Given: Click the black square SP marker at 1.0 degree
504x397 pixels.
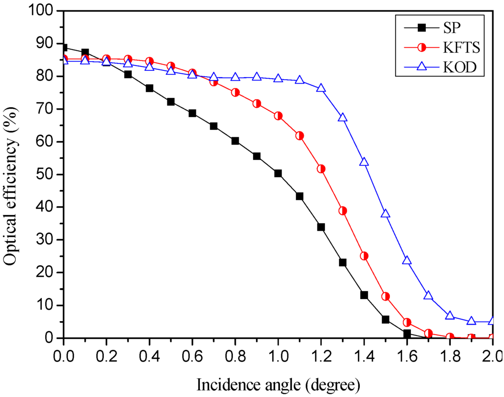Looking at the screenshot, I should pyautogui.click(x=278, y=173).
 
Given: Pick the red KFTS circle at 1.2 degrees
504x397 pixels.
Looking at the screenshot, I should pyautogui.click(x=321, y=169).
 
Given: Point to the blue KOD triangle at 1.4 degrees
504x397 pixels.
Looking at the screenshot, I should pyautogui.click(x=364, y=162).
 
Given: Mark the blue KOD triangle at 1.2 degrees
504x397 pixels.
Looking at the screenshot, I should pyautogui.click(x=321, y=88).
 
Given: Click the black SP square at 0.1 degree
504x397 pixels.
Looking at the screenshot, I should pyautogui.click(x=85, y=52).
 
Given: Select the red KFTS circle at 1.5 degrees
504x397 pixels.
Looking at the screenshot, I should pyautogui.click(x=385, y=296).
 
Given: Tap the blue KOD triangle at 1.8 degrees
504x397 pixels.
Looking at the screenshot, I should pyautogui.click(x=450, y=315).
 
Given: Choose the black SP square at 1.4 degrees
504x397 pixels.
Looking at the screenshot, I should pyautogui.click(x=364, y=295).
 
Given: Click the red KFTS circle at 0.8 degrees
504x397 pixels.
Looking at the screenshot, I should pyautogui.click(x=235, y=92).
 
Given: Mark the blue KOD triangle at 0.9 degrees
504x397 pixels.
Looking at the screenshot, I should pyautogui.click(x=256, y=77).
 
